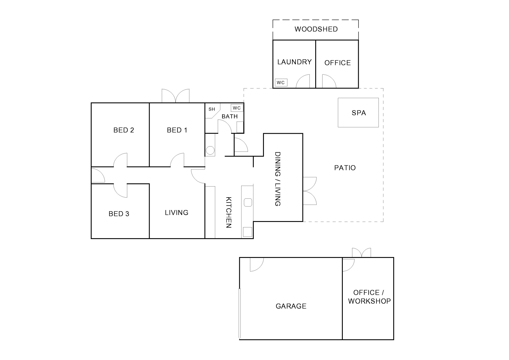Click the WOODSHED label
316,29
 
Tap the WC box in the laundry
281,82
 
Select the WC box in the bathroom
237,108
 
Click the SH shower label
212,109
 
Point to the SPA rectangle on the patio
358,113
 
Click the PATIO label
345,168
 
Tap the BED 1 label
177,130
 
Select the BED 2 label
124,130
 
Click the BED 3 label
119,214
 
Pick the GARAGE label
291,306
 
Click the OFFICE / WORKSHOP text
369,297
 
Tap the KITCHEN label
229,212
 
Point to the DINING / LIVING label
278,179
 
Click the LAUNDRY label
294,62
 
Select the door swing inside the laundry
303,81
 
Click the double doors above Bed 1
175,96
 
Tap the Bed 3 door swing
120,191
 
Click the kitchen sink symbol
248,202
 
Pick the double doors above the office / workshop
361,253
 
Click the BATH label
230,116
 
